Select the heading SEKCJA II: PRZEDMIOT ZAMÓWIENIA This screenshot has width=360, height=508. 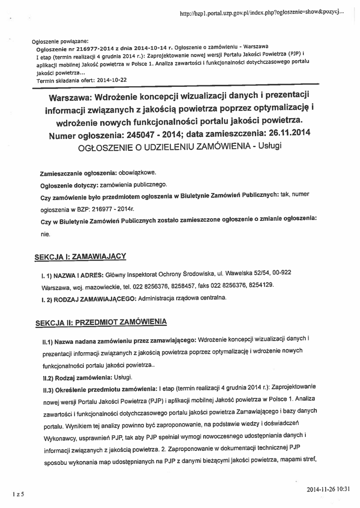point(101,322)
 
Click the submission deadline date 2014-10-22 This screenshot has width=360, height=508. point(112,79)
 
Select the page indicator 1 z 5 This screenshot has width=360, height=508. point(18,494)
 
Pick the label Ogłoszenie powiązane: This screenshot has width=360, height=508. point(60,41)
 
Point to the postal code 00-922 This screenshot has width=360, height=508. point(281,272)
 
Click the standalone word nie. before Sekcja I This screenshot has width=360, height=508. point(45,234)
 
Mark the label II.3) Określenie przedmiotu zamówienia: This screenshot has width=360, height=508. point(99,390)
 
